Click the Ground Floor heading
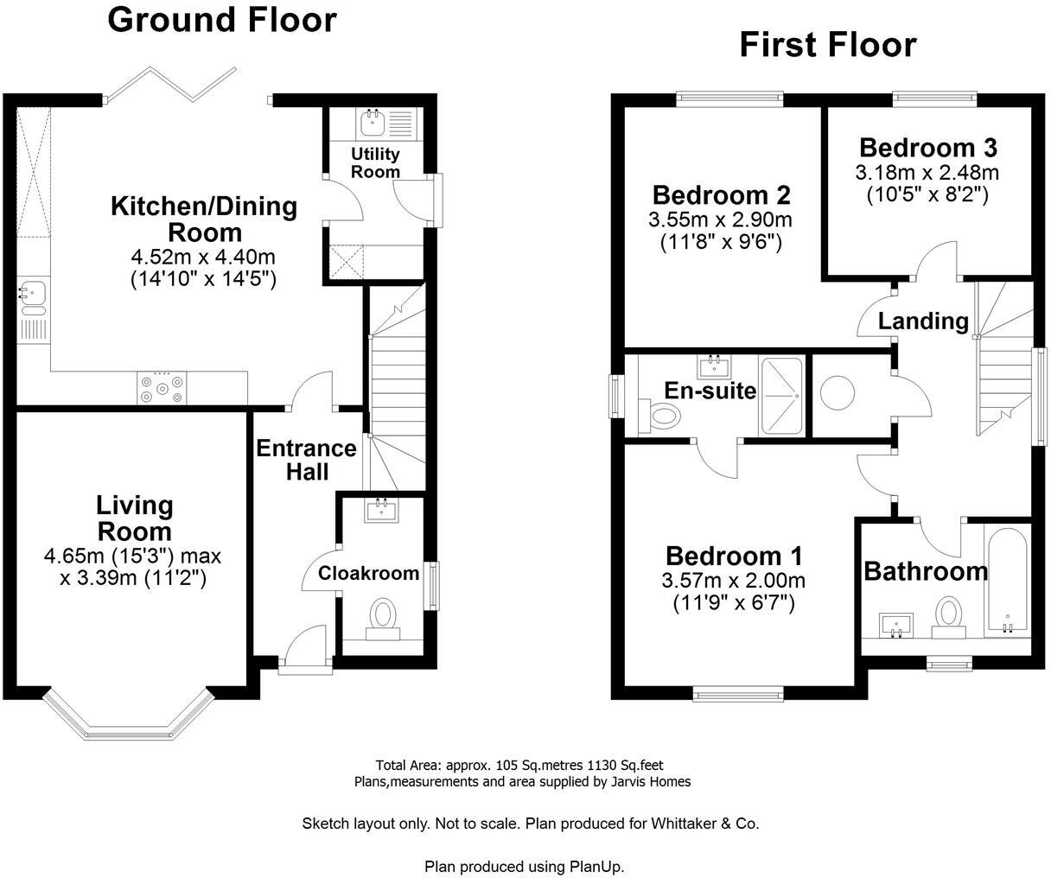(x=221, y=19)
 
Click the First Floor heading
(x=827, y=45)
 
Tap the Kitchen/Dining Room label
(x=203, y=219)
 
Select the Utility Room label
(x=375, y=162)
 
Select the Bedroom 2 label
(x=721, y=194)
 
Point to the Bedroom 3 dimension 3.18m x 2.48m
(x=927, y=173)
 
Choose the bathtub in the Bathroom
(x=1005, y=583)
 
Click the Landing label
(x=923, y=321)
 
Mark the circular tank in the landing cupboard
(x=839, y=393)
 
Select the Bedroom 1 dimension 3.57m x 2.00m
(x=734, y=580)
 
